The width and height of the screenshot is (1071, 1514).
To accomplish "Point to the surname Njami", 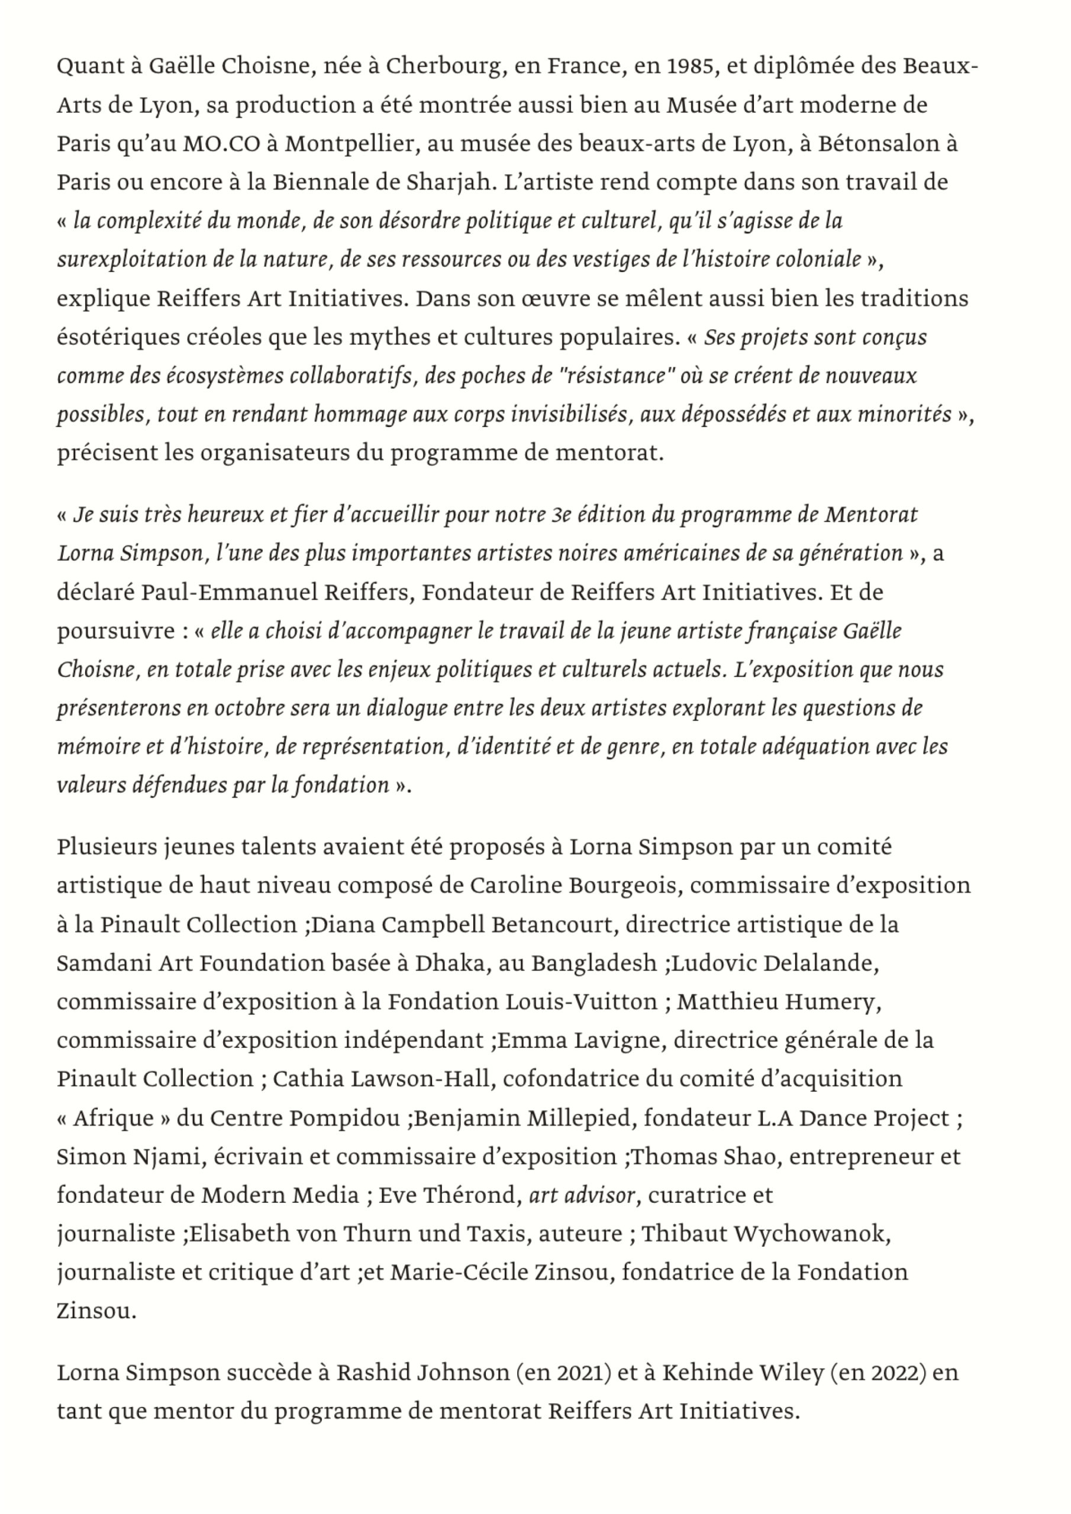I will click(x=167, y=1157).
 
